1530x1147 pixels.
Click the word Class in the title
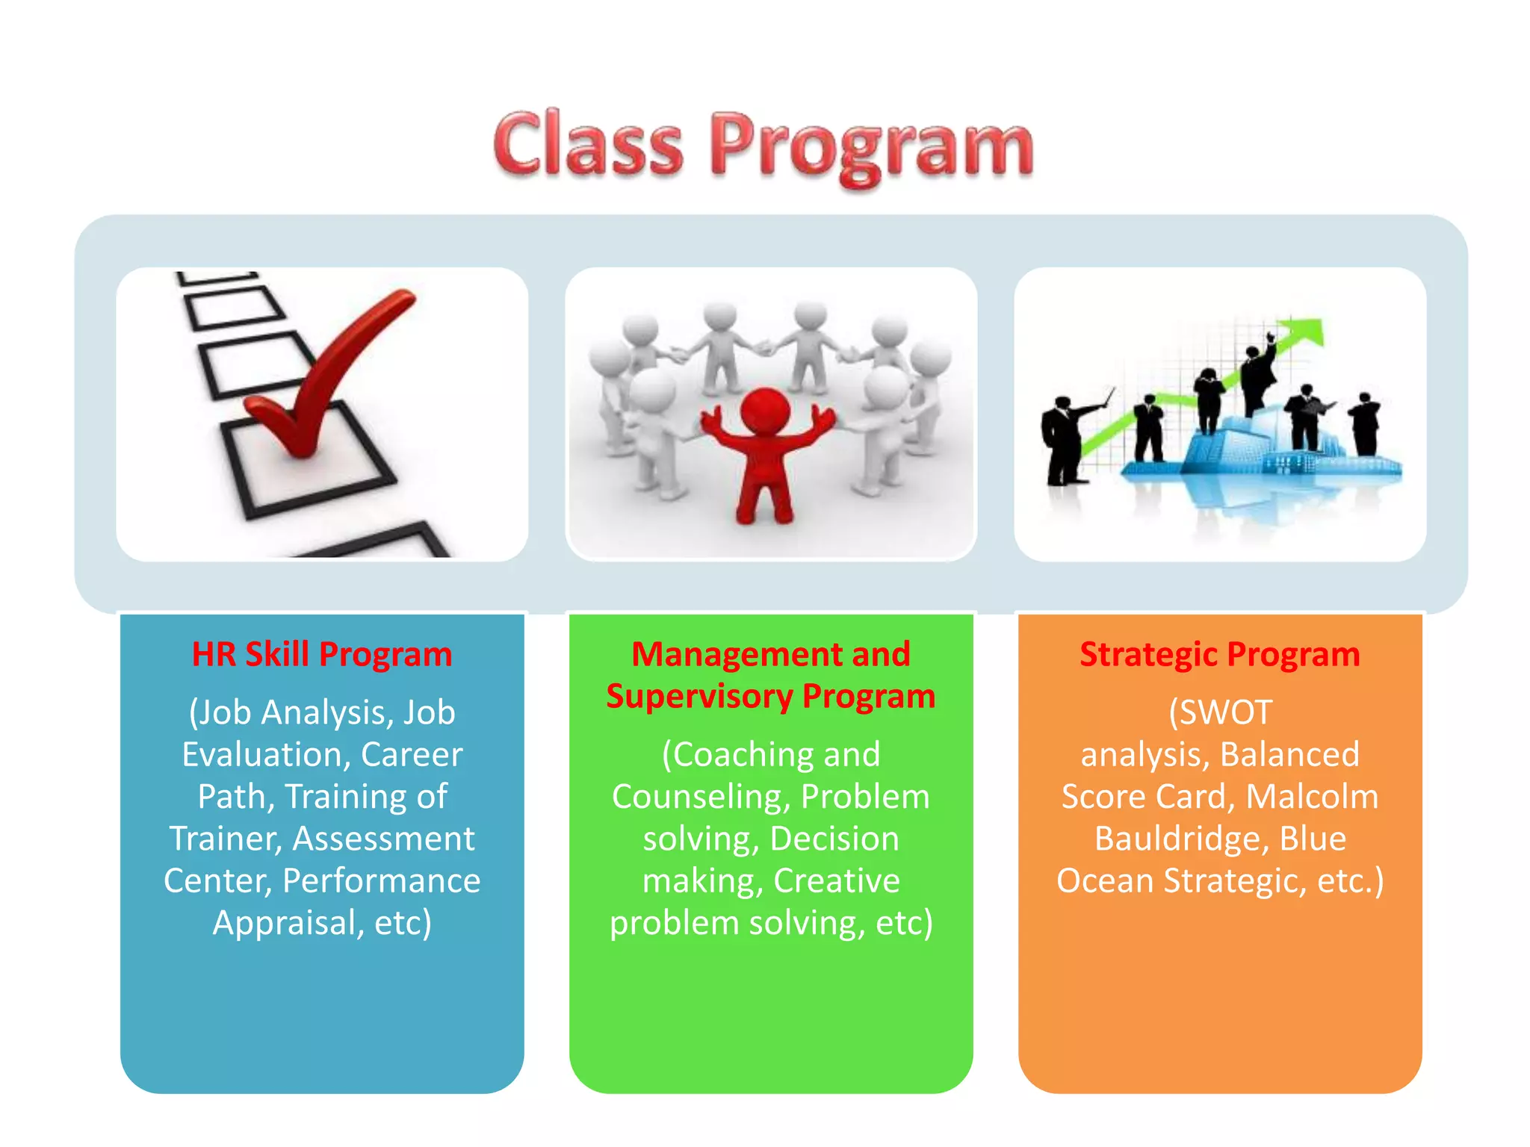coord(588,143)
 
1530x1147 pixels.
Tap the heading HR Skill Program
coord(322,654)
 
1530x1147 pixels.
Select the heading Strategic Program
coord(1219,654)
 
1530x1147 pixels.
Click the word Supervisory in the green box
coord(699,697)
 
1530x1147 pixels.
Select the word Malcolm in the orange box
coord(1312,797)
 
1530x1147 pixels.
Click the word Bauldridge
coord(1181,839)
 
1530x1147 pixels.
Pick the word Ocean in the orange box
coord(1106,881)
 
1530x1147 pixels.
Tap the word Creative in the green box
coord(836,881)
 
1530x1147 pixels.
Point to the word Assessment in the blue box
coord(383,839)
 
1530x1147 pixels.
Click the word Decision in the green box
coord(834,839)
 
